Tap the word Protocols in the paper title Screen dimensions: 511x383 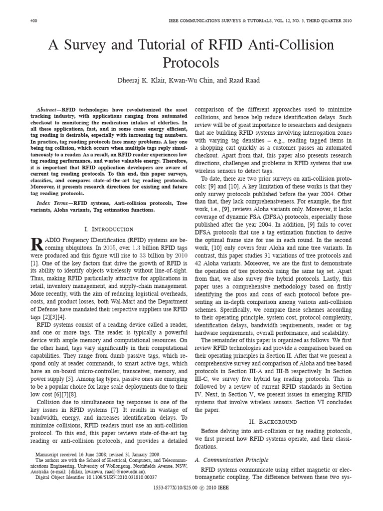coord(191,63)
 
